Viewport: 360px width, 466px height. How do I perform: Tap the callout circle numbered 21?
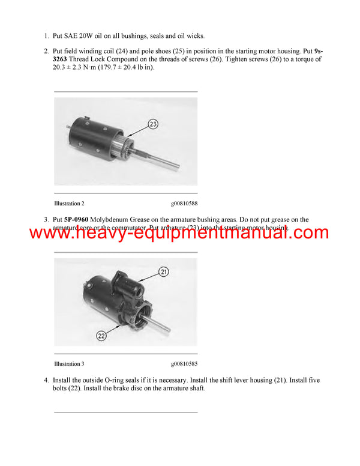click(163, 272)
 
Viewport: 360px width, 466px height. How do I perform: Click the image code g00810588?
click(184, 204)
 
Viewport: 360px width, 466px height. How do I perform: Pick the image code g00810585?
click(184, 364)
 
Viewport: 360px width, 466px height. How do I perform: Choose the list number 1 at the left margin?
click(46, 36)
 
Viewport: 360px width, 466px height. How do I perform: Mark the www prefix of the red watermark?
click(51, 233)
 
